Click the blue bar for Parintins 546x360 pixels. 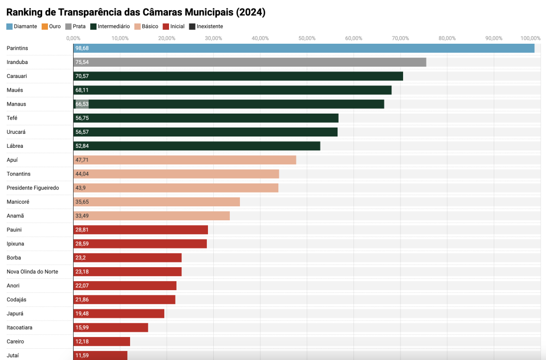(x=304, y=48)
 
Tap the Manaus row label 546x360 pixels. (x=16, y=104)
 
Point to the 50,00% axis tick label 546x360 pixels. (x=307, y=38)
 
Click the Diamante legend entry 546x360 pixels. (x=21, y=26)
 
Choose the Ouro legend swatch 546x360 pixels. (x=45, y=26)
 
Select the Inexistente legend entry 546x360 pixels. (x=206, y=26)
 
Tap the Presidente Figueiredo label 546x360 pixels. (x=33, y=188)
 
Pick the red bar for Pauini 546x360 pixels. (x=140, y=230)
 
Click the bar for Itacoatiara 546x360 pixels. (x=110, y=327)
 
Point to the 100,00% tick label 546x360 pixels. (x=531, y=38)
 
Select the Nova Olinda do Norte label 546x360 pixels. (x=32, y=271)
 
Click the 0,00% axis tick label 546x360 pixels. (x=74, y=38)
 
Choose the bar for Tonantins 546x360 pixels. (x=176, y=174)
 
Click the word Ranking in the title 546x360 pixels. (x=26, y=12)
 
